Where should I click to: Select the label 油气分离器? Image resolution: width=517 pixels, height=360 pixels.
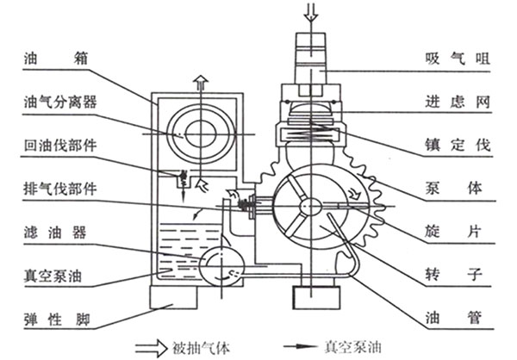tap(59, 102)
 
